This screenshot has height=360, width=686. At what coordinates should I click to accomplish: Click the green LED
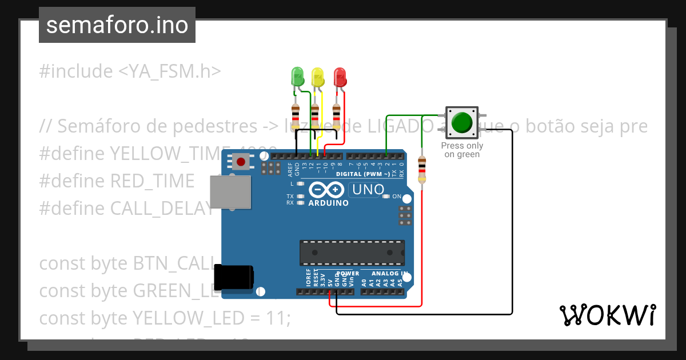[298, 77]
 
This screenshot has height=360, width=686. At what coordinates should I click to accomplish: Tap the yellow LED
[318, 77]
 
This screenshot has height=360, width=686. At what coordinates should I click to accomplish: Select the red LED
[340, 77]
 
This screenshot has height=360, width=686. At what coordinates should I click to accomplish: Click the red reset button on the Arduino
[241, 162]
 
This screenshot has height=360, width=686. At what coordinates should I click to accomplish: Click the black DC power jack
[234, 278]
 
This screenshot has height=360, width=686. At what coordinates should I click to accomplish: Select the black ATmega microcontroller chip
[352, 250]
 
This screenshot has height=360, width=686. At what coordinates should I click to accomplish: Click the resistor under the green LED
[296, 116]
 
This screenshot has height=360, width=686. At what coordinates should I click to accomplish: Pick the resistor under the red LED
[336, 116]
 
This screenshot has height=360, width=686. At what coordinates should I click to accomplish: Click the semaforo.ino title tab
[117, 25]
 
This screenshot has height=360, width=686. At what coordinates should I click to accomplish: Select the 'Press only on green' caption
[462, 150]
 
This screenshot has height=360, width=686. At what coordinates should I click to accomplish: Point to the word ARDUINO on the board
[328, 203]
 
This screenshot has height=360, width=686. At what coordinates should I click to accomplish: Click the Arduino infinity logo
[326, 189]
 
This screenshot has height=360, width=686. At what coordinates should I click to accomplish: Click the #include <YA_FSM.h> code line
[130, 71]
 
